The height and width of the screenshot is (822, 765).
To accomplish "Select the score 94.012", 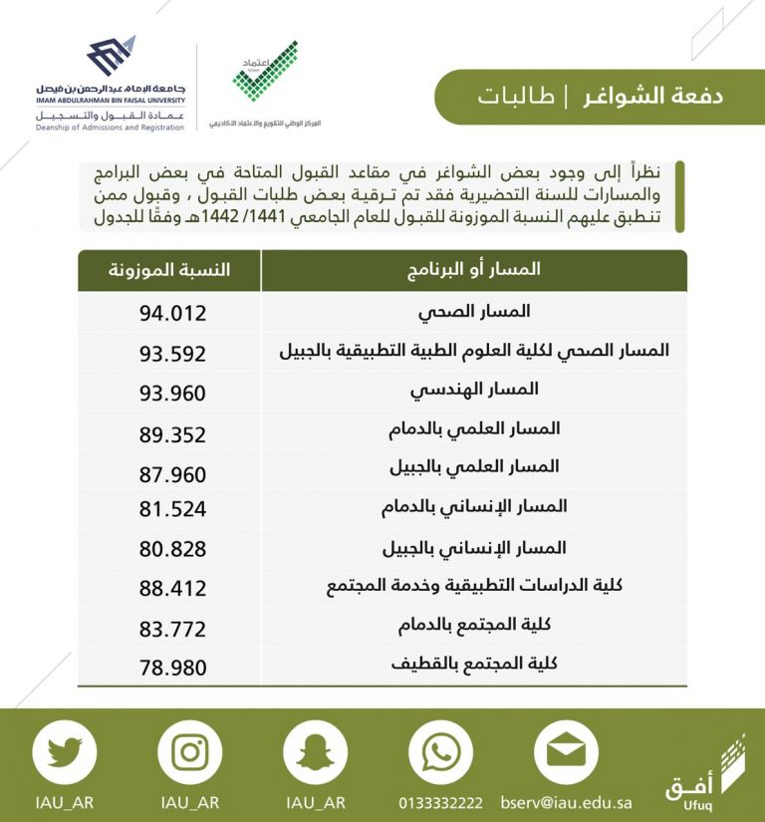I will pos(172,314).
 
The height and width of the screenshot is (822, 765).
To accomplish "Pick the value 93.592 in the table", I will pos(172,354).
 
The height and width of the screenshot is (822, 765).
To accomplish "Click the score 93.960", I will pos(172,394).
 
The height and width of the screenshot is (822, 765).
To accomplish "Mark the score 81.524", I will pos(172,509).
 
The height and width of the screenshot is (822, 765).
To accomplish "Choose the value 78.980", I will pos(172,668).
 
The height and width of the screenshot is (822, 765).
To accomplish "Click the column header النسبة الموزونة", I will pos(169,270).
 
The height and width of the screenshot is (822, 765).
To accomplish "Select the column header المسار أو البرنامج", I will pos(475,270).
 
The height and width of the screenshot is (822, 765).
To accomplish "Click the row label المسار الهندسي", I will pos(474,389).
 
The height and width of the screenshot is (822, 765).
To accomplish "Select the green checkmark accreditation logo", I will pos(264,75).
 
